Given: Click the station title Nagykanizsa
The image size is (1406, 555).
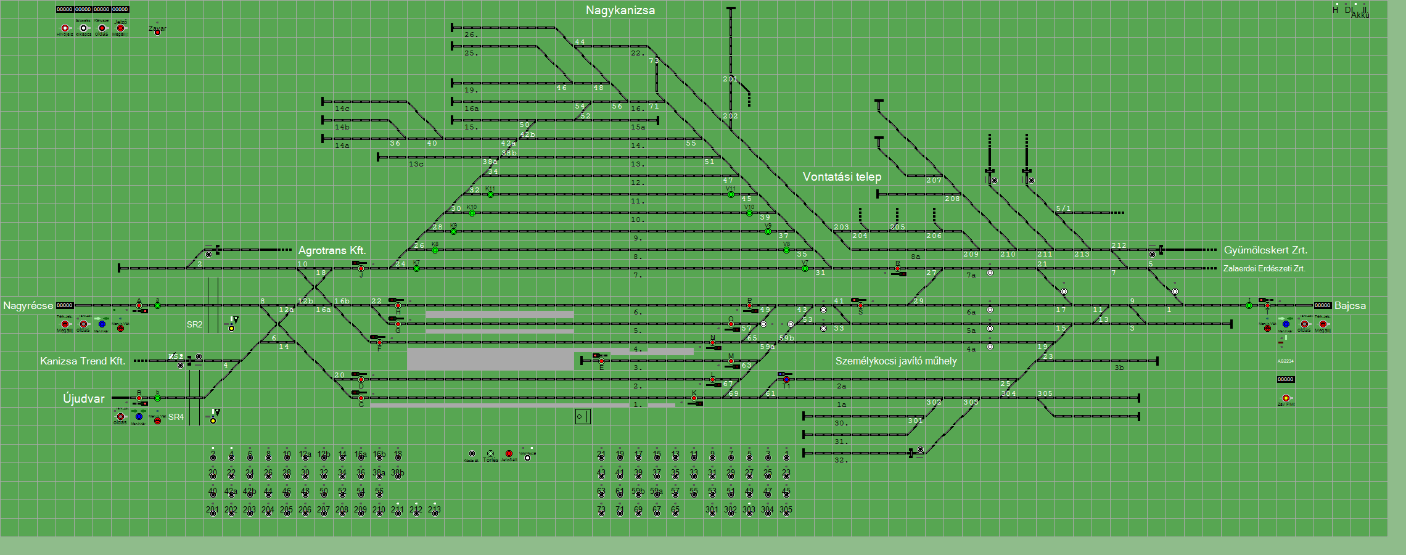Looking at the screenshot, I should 620,10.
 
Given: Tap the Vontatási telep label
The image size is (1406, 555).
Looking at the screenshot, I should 842,177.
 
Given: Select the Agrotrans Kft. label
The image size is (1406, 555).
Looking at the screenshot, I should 332,250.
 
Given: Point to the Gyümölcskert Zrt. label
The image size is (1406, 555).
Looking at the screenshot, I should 1265,250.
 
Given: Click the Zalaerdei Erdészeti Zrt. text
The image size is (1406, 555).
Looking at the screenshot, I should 1264,269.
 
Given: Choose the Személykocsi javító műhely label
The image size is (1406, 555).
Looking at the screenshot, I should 896,361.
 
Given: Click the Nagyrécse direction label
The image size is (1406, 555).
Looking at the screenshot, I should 28,306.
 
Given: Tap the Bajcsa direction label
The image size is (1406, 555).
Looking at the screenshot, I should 1350,306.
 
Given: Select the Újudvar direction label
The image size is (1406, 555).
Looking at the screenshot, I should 84,399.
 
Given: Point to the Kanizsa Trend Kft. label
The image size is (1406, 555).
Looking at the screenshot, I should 83,361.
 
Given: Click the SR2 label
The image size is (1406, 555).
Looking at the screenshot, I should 194,325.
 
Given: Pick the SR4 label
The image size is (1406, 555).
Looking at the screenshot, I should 176,417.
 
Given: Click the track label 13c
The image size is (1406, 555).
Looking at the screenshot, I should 416,165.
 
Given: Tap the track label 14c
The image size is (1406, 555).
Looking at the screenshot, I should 342,109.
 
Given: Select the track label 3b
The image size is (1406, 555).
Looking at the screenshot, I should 1119,368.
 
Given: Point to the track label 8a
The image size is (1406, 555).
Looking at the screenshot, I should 916,257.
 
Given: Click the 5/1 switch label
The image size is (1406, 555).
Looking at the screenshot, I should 1063,209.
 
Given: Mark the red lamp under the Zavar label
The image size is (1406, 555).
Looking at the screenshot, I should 157,32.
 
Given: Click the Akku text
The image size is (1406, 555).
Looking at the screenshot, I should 1360,15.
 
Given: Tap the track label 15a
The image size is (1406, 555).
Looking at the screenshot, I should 638,128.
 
